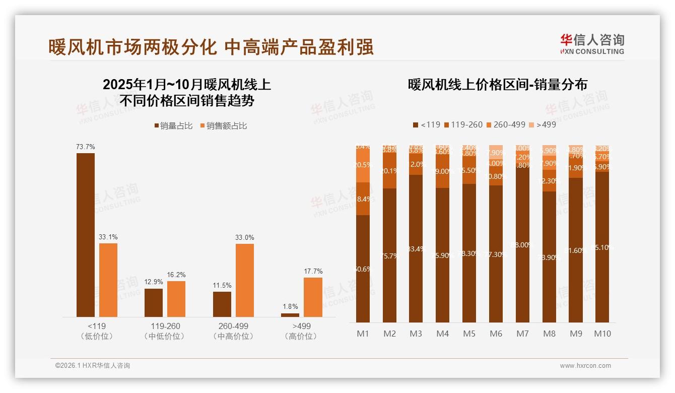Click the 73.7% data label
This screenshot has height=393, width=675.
(86, 147)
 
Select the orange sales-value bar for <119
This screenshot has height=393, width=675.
(108, 280)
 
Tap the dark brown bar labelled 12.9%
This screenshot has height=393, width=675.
(154, 302)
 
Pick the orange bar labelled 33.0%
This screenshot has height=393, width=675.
(245, 280)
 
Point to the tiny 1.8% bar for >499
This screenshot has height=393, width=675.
(290, 315)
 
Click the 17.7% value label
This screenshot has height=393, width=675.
(313, 271)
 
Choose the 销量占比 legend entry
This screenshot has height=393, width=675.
(173, 126)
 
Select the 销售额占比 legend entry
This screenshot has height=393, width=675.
(224, 126)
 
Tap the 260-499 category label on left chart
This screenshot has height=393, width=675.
(233, 326)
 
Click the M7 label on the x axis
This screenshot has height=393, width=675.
(522, 334)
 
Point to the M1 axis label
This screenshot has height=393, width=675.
(363, 334)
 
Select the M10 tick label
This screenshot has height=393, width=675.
(602, 334)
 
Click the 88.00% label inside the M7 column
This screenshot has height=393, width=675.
(522, 245)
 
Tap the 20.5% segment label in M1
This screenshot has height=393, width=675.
(363, 165)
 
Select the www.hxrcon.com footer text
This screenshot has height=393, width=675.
(585, 366)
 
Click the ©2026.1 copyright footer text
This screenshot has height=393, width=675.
(93, 366)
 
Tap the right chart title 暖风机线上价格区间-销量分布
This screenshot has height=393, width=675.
(498, 85)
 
